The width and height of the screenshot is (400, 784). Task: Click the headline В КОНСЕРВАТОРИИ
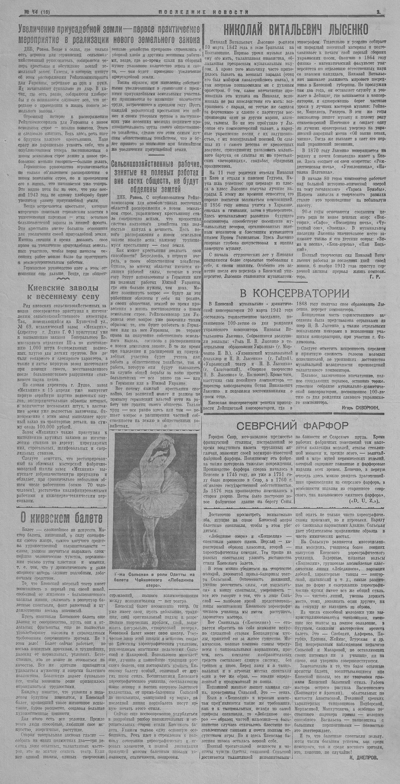[x=294, y=293]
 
